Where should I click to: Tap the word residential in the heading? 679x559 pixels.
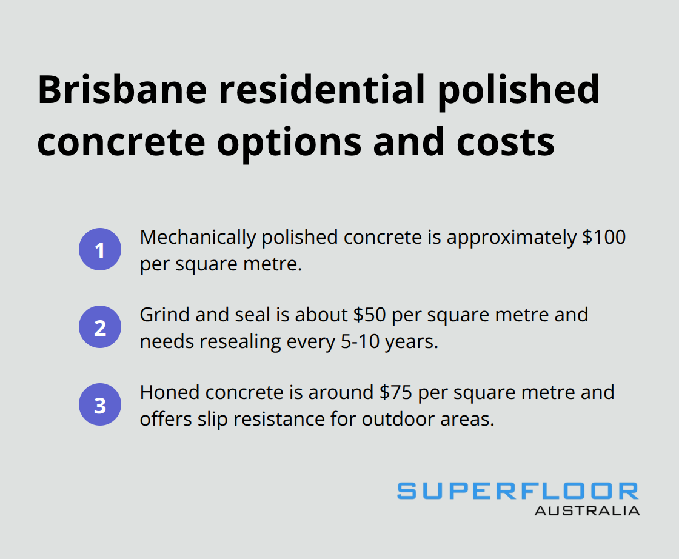tap(322, 90)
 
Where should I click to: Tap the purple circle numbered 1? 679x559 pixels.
tap(100, 250)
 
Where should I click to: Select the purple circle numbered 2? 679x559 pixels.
tap(100, 327)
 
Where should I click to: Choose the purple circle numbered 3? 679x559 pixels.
tap(100, 405)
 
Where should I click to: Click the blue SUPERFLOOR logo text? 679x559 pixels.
tap(518, 491)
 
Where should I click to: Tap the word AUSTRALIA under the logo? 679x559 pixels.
tap(587, 510)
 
